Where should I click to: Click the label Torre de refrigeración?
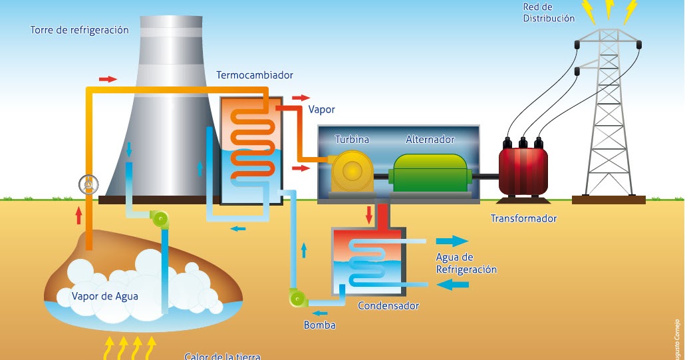(79, 31)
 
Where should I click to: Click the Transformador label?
(523, 218)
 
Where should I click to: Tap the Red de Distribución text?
(549, 13)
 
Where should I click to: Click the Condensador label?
(388, 306)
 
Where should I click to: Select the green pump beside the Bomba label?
(297, 298)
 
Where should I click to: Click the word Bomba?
(319, 325)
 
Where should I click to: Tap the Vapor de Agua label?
(105, 296)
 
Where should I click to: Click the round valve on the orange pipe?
(87, 184)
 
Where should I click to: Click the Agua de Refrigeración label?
(466, 264)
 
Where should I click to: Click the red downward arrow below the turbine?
(368, 215)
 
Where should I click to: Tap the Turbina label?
(352, 140)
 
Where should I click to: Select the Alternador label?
(430, 140)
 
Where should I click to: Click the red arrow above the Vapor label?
(301, 97)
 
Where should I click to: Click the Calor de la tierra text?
(222, 356)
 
